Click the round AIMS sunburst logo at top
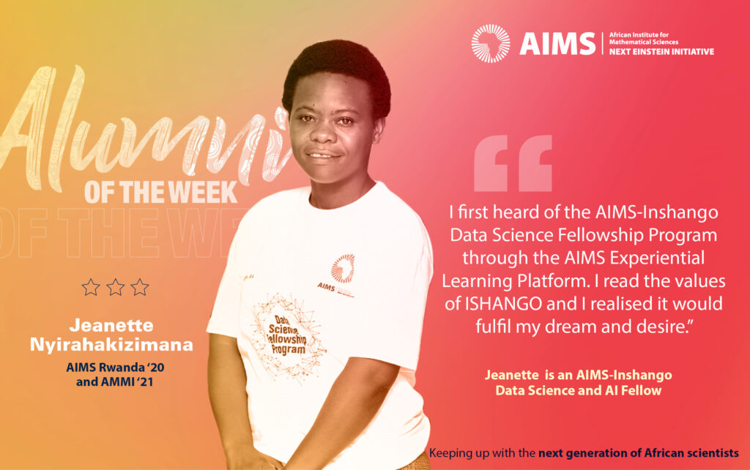pos(490,43)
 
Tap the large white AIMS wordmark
pos(557,43)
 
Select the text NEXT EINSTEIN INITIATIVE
pos(661,52)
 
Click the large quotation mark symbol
pos(513,163)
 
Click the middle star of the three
pos(115,288)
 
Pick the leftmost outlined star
pos(91,288)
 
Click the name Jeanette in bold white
pos(111,326)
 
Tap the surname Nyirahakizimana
pos(111,345)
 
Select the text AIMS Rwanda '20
pos(115,368)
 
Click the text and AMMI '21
pos(115,381)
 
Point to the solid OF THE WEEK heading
pos(161,193)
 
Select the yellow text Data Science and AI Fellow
pos(579,391)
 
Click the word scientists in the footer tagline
pos(715,452)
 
